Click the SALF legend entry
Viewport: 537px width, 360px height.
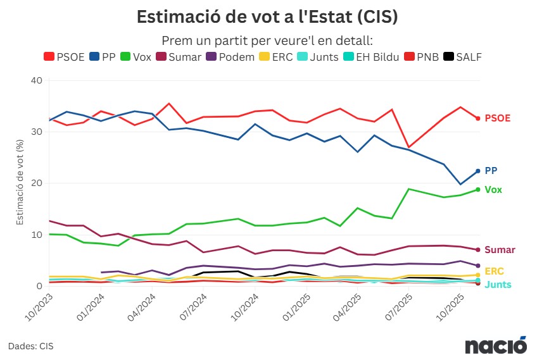point(462,57)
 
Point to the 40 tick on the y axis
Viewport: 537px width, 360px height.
point(36,81)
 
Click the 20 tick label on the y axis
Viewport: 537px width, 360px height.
point(36,183)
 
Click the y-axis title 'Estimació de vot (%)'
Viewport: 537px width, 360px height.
point(20,183)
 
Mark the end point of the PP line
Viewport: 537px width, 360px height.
point(478,171)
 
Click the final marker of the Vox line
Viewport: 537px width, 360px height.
point(478,190)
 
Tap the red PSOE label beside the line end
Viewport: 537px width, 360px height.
point(498,118)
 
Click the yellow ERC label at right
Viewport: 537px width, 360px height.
point(494,271)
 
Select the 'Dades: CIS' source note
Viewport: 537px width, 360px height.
point(31,346)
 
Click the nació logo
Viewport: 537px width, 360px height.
point(496,345)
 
